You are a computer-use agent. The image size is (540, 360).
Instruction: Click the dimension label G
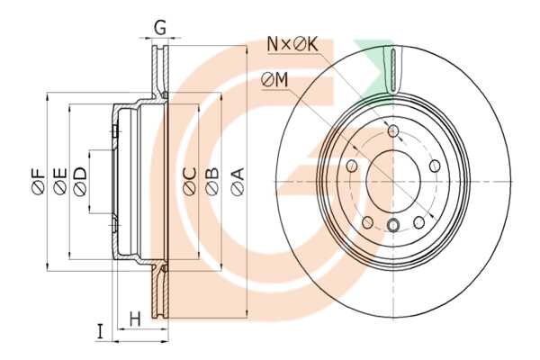(x=160, y=28)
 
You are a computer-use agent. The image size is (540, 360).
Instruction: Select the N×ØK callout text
(x=292, y=45)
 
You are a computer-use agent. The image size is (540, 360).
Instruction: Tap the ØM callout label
(x=274, y=81)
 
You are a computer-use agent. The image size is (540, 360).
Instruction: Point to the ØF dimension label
(x=39, y=182)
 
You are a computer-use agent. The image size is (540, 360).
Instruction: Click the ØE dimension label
(x=60, y=182)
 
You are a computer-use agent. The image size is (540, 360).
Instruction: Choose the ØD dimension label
(x=80, y=182)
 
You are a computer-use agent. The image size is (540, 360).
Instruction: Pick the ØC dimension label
(x=190, y=182)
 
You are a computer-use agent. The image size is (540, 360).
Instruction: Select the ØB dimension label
(x=211, y=182)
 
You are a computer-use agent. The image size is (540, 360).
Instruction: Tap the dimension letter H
(x=135, y=319)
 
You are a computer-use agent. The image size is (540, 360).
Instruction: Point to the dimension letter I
(x=100, y=332)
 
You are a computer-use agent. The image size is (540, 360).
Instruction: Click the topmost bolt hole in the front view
(x=393, y=130)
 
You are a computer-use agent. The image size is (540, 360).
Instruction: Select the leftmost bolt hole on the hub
(x=352, y=166)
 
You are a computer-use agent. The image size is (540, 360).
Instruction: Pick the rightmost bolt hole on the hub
(x=435, y=166)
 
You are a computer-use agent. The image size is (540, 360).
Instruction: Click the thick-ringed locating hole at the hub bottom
(x=393, y=225)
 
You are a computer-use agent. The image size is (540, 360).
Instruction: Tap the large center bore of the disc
(x=393, y=181)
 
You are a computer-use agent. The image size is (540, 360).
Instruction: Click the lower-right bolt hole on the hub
(x=418, y=222)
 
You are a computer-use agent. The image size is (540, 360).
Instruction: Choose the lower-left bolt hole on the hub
(x=367, y=222)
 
